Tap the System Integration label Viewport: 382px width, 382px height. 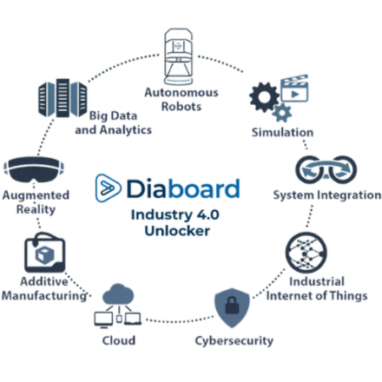[x=326, y=195]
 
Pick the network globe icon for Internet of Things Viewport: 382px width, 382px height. [x=307, y=255]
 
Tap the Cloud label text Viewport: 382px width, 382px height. [x=119, y=340]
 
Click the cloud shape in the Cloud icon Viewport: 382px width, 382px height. [x=119, y=295]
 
